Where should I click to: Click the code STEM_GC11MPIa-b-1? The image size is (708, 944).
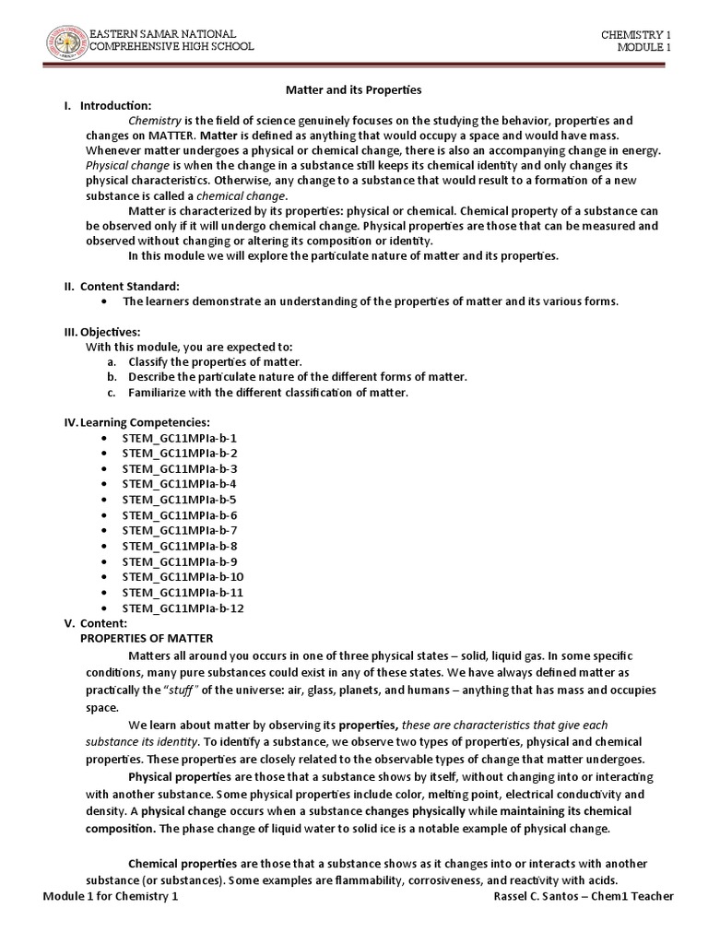[x=179, y=438]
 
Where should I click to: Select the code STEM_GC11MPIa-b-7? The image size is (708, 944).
[x=179, y=531]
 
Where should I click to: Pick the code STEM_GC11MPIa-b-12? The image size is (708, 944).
[x=183, y=608]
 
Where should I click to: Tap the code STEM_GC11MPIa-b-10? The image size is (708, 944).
[x=183, y=577]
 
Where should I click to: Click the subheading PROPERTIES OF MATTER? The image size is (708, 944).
[x=147, y=638]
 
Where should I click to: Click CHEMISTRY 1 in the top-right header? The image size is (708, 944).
[x=636, y=34]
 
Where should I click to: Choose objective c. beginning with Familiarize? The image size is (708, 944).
[x=267, y=393]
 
